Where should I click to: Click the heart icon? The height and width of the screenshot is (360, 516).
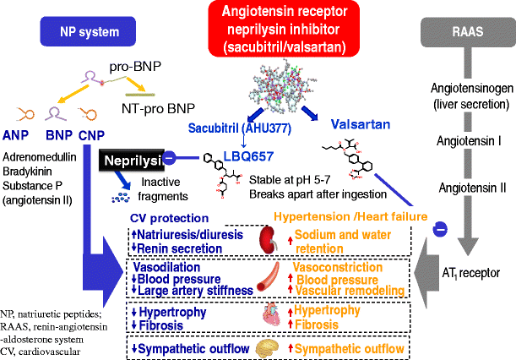coord(268,316)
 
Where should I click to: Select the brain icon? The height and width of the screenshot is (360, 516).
coord(268,347)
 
